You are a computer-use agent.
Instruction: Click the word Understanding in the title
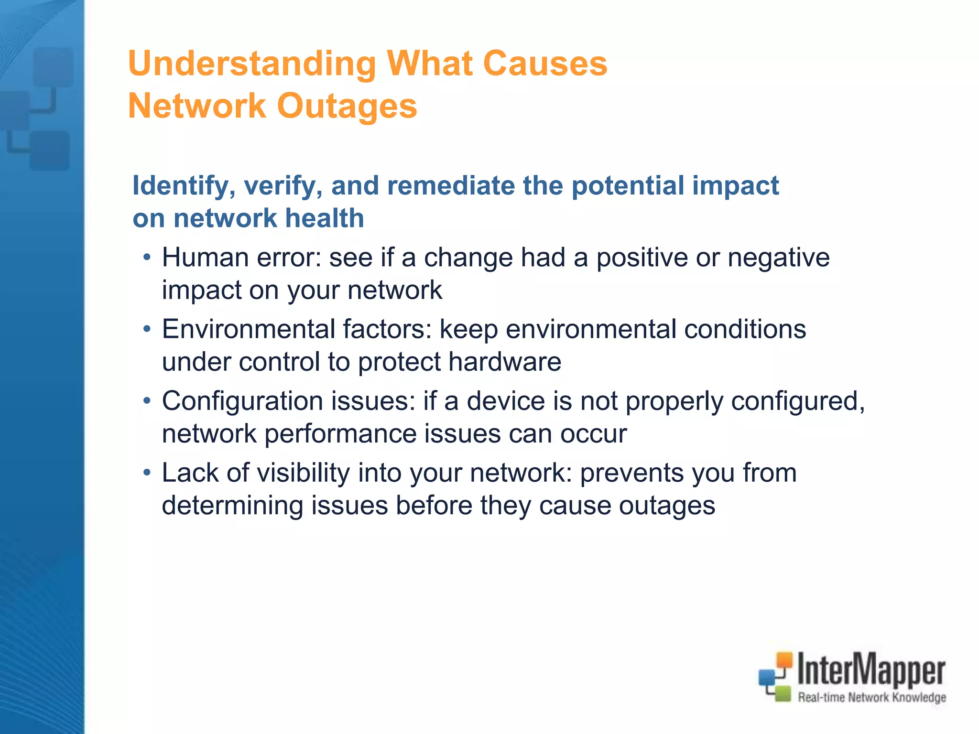(252, 64)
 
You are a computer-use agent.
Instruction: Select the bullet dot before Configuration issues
(147, 401)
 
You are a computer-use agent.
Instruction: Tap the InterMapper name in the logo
(871, 670)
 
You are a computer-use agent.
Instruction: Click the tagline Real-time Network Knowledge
(871, 697)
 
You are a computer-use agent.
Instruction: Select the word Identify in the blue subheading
(184, 185)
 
